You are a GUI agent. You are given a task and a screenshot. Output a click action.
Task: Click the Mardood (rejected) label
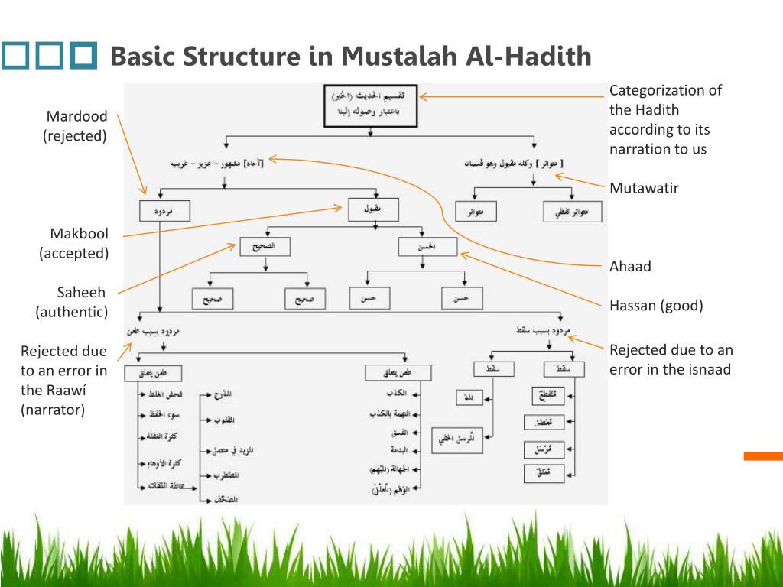pyautogui.click(x=76, y=126)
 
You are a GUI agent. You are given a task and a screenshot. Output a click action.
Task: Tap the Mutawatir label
pyautogui.click(x=644, y=188)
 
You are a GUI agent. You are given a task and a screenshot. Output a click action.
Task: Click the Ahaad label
pyautogui.click(x=630, y=266)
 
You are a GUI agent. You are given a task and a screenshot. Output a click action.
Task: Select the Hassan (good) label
pyautogui.click(x=656, y=306)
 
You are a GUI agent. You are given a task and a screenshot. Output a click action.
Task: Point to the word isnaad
pyautogui.click(x=710, y=370)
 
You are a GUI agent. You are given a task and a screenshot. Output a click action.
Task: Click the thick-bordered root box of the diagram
pyautogui.click(x=369, y=105)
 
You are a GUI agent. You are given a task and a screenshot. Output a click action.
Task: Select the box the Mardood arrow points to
pyautogui.click(x=164, y=211)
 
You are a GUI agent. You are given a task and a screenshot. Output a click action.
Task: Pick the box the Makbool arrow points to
pyautogui.click(x=370, y=209)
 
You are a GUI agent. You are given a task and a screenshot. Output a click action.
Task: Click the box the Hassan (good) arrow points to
pyautogui.click(x=427, y=246)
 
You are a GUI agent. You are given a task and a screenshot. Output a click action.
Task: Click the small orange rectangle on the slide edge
pyautogui.click(x=763, y=456)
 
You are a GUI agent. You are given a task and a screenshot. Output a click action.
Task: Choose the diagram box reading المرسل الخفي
pyautogui.click(x=456, y=439)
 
